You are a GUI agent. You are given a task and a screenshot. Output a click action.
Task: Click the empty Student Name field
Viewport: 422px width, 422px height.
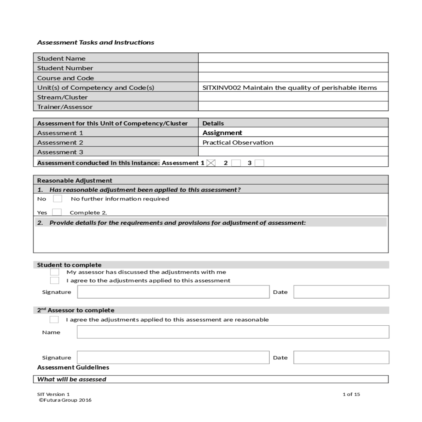293,58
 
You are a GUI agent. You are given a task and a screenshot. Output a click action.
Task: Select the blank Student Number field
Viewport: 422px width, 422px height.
293,68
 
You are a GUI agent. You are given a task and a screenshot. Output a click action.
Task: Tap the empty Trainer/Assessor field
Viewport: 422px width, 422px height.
293,106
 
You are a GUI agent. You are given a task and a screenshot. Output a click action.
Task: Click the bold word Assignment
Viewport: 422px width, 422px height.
222,133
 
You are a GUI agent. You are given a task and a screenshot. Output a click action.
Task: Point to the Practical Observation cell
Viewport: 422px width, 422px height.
238,142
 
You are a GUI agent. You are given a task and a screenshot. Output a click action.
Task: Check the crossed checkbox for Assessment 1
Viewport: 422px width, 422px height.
211,163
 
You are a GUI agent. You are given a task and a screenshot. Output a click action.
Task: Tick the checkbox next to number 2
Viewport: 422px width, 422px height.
236,163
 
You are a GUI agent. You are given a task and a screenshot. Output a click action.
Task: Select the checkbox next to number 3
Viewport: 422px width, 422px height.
259,163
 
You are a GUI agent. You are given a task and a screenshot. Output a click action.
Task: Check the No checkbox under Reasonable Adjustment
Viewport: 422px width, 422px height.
58,199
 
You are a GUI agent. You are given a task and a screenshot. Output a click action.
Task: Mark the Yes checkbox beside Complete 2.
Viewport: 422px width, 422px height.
57,212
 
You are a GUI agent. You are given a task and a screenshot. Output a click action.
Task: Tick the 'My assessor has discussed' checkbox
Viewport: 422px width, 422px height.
55,272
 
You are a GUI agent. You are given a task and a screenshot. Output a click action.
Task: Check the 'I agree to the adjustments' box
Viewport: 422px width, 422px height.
55,281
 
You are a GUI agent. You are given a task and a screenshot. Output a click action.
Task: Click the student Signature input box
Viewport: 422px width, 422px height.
173,292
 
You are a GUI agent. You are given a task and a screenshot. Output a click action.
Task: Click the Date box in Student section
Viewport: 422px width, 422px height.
341,292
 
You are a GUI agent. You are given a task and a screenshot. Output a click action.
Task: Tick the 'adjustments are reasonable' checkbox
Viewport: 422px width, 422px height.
54,320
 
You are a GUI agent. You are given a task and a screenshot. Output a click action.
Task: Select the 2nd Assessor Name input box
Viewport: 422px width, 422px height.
233,332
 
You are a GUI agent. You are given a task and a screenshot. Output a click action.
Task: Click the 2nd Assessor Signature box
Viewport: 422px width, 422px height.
173,357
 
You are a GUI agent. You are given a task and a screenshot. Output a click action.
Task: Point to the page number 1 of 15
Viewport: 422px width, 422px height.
351,394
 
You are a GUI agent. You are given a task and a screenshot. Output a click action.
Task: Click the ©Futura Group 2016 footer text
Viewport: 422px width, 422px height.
65,400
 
